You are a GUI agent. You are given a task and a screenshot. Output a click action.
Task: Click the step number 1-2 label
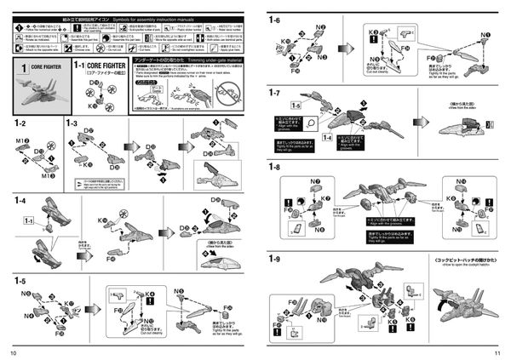(20, 123)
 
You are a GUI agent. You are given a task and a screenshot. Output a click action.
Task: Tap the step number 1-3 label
(72, 123)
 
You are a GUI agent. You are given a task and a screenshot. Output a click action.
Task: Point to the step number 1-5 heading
(20, 281)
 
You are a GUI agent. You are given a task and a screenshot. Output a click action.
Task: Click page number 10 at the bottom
(13, 352)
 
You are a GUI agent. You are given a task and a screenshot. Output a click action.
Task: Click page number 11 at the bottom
(497, 352)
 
